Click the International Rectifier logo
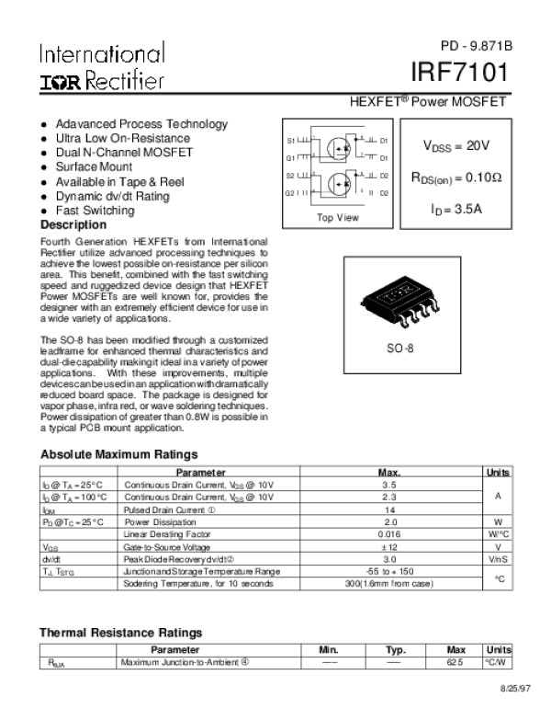pos(102,66)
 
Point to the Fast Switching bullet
pos(95,211)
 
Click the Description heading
pos(73,225)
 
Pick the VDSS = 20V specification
pos(456,146)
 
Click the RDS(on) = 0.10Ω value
pos(456,177)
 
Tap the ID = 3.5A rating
pos(456,209)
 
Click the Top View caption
pos(337,218)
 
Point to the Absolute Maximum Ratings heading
pos(119,454)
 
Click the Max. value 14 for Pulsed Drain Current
pos(388,509)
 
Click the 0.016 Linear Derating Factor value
pos(388,533)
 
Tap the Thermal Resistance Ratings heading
pos(120,633)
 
